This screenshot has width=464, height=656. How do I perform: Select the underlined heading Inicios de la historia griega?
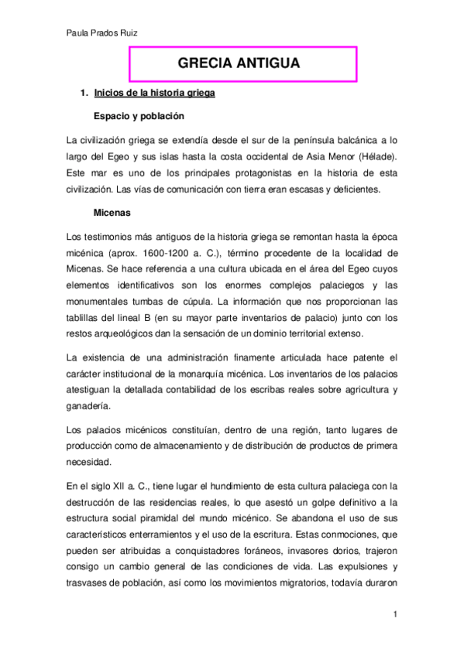pos(154,94)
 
